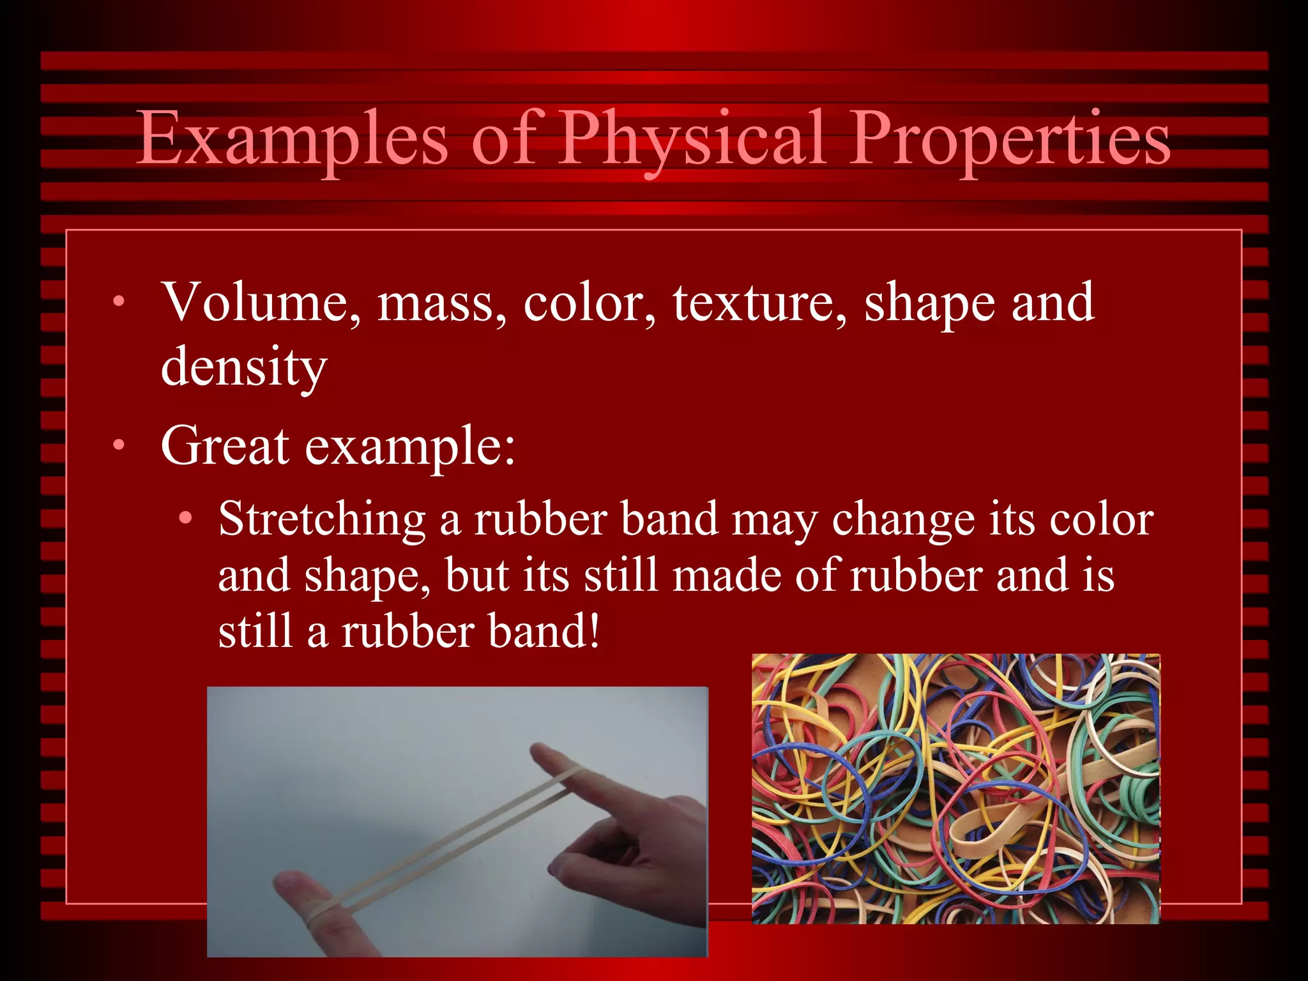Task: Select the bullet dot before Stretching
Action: [185, 519]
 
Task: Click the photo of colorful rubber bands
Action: [955, 789]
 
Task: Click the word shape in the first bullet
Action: [930, 303]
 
